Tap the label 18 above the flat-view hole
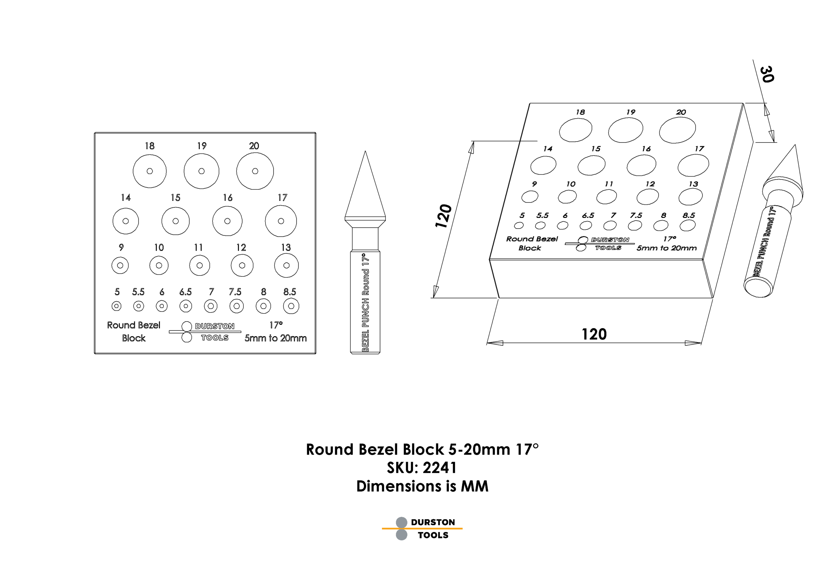(149, 146)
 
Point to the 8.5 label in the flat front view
(290, 292)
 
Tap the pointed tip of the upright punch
(365, 151)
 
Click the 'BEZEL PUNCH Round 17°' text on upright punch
(366, 302)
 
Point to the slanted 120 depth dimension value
(444, 216)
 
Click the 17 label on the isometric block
(699, 149)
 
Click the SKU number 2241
(439, 468)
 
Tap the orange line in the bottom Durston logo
(422, 529)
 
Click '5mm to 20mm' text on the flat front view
(276, 338)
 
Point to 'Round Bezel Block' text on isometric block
(532, 243)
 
